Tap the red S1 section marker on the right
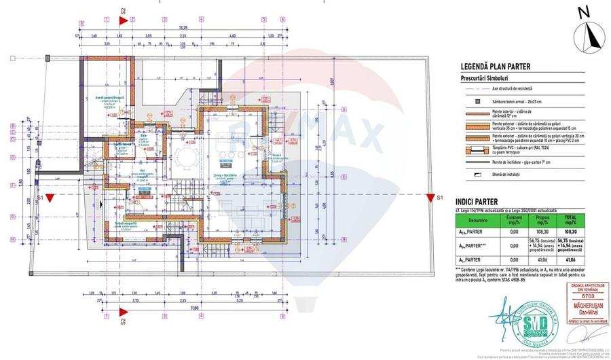pos(429,198)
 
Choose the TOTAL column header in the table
pos(566,219)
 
